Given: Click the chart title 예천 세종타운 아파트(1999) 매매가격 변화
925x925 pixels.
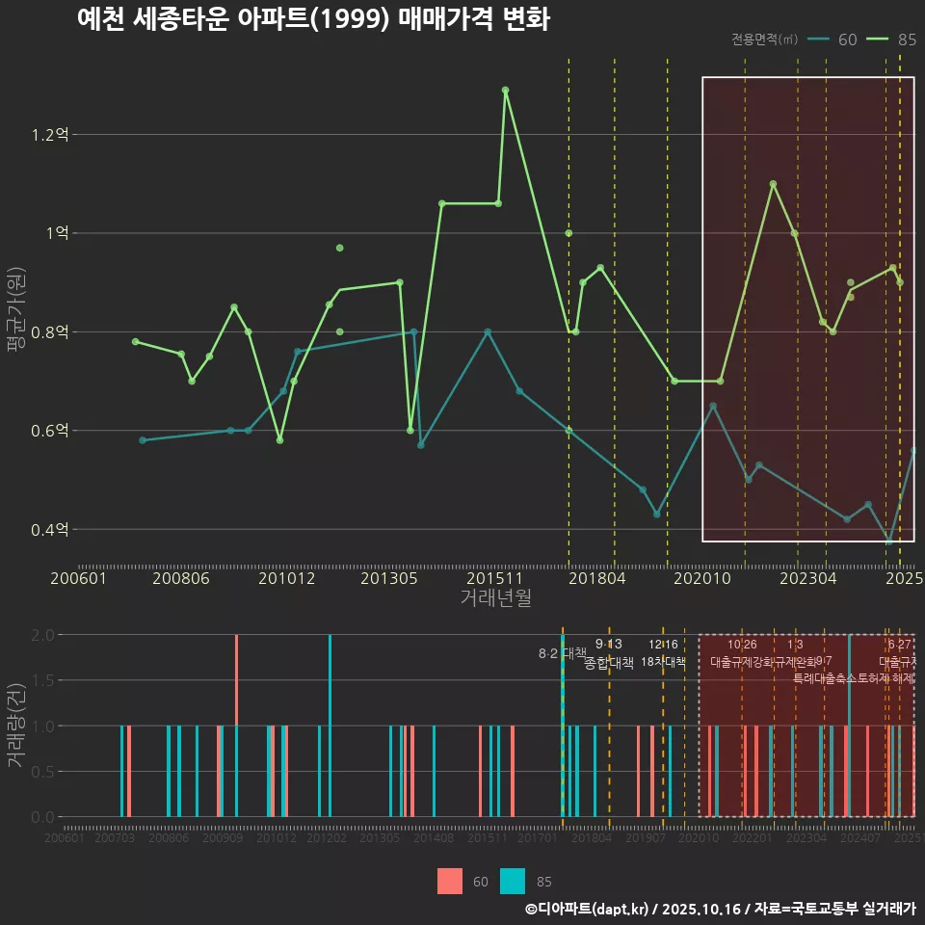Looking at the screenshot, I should (313, 18).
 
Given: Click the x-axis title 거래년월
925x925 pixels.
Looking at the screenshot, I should (496, 598).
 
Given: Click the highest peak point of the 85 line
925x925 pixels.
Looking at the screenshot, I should (505, 90).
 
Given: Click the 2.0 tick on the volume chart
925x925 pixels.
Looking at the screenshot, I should (43, 635).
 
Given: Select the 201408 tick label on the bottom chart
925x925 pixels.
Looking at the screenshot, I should (433, 838).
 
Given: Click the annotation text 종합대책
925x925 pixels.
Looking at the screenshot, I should (609, 663).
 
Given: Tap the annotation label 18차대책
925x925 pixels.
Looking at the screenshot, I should (663, 663).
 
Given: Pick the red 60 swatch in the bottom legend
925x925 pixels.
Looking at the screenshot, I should (450, 882).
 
